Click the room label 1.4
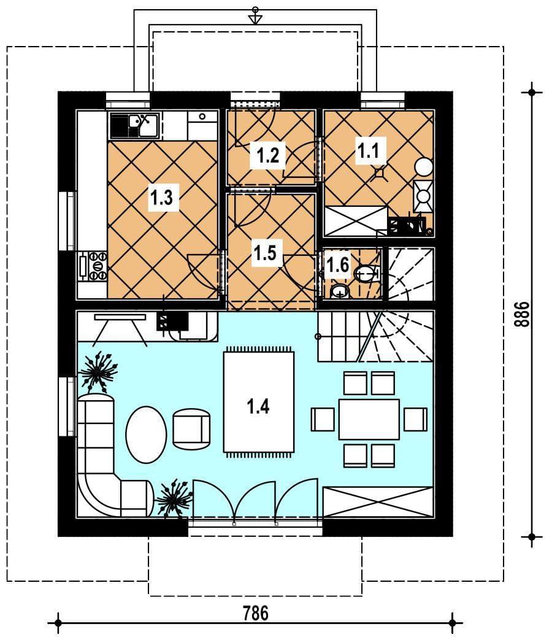(x=258, y=406)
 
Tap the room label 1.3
(x=162, y=198)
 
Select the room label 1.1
(x=368, y=151)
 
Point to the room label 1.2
(x=268, y=155)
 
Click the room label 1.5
(x=265, y=253)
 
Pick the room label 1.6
(x=338, y=265)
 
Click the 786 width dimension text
(x=256, y=613)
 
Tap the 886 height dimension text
(x=522, y=314)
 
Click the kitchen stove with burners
(x=93, y=266)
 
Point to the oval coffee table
(x=146, y=434)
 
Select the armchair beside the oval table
(x=191, y=428)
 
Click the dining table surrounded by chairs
(x=369, y=419)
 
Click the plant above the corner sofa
(x=98, y=371)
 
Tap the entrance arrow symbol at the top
(x=255, y=15)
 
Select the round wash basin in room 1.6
(x=340, y=291)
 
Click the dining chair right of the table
(x=415, y=419)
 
